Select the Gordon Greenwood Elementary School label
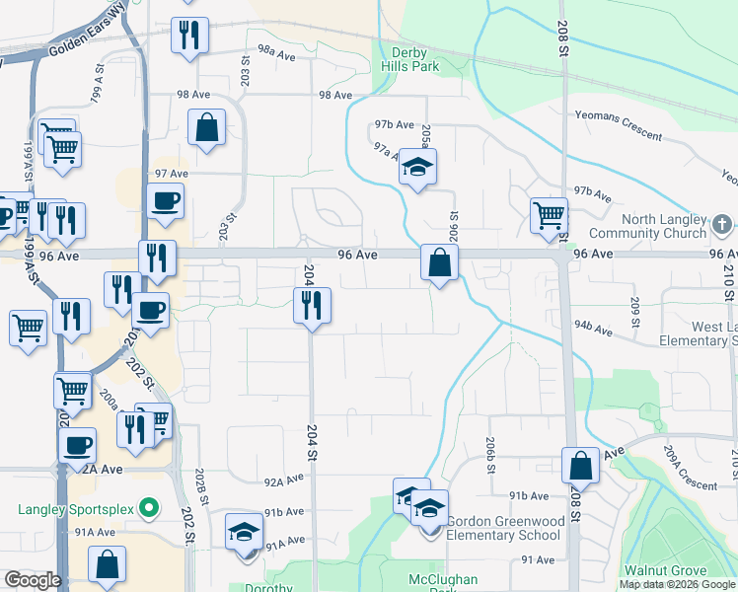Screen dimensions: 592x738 click(x=504, y=528)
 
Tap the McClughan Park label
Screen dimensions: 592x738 click(x=444, y=580)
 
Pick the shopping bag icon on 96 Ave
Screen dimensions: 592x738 click(x=439, y=262)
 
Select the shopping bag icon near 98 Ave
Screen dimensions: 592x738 click(x=207, y=127)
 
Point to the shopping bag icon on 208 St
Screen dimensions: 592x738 click(x=580, y=466)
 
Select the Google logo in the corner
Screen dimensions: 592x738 click(x=33, y=580)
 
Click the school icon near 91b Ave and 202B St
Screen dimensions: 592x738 click(x=244, y=533)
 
